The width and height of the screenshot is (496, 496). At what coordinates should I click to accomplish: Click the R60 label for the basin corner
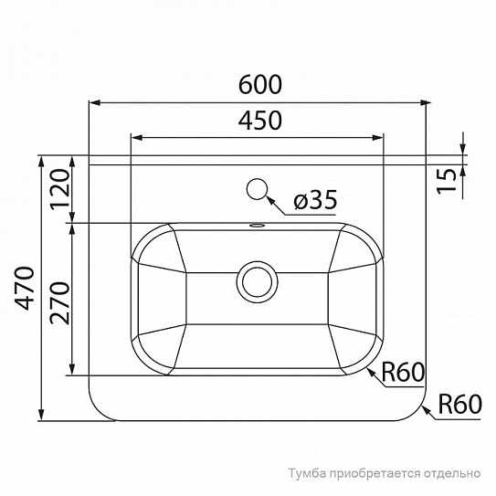coord(401,372)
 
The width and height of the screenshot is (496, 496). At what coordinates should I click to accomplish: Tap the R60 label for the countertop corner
coord(459,404)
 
